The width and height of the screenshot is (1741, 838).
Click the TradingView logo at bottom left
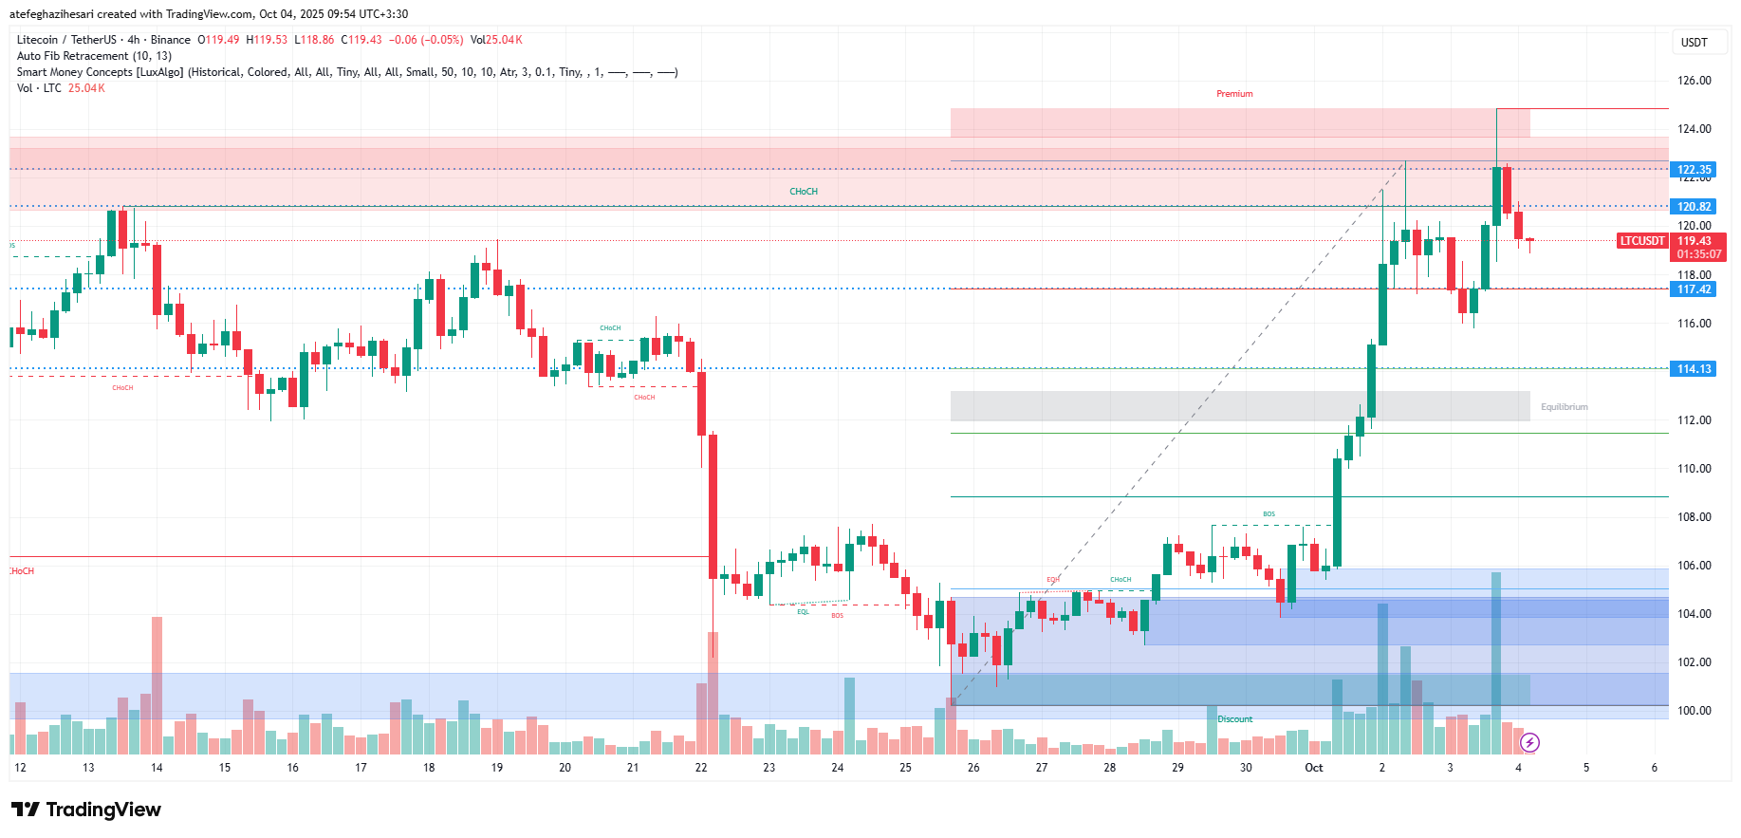(86, 810)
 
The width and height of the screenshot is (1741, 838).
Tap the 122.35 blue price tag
(1694, 170)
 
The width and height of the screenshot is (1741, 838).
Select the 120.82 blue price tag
(1694, 207)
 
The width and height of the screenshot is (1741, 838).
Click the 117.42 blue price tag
(1694, 289)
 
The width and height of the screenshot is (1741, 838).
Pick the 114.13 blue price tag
(1694, 369)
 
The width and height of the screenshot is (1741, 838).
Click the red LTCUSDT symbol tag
(1642, 241)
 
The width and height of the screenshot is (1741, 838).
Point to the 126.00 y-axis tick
(1694, 81)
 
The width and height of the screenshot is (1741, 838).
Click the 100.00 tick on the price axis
(1694, 711)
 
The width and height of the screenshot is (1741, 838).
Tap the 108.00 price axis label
(1694, 517)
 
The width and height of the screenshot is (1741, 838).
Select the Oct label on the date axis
(1313, 768)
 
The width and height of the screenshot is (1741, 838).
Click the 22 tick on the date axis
(701, 768)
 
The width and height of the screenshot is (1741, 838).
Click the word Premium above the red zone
(1234, 94)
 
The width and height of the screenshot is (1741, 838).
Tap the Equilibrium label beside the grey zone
(1564, 407)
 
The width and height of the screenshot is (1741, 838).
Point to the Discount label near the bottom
(1234, 719)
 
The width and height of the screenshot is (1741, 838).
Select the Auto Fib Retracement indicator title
(94, 56)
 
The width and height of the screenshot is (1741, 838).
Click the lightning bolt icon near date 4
(1529, 743)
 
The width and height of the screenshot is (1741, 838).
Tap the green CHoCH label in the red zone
(804, 192)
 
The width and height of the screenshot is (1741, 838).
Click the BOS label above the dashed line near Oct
(1269, 514)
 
